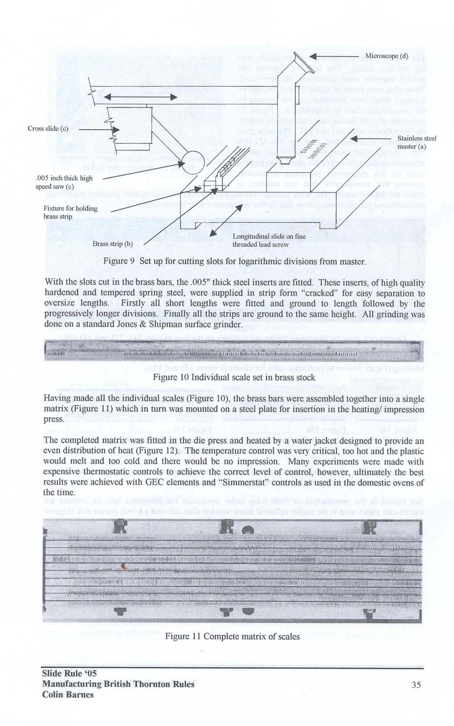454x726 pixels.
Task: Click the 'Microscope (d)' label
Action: point(387,56)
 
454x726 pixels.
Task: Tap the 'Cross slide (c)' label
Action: point(48,128)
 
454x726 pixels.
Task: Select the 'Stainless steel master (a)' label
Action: point(416,142)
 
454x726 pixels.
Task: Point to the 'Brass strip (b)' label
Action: point(112,244)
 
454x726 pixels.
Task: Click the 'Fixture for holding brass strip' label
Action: point(70,212)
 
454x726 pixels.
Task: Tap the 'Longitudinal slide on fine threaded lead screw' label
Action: point(269,240)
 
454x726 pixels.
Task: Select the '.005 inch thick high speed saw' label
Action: point(64,182)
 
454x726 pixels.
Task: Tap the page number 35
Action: point(416,685)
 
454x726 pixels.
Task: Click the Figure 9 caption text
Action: point(234,261)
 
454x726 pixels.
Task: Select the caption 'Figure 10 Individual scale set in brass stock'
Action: point(234,377)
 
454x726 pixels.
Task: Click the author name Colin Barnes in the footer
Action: point(67,695)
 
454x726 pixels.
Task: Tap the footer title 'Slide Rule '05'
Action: point(69,673)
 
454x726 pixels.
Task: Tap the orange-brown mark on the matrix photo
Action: point(124,566)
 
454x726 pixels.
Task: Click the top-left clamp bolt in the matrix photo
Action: point(120,527)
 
